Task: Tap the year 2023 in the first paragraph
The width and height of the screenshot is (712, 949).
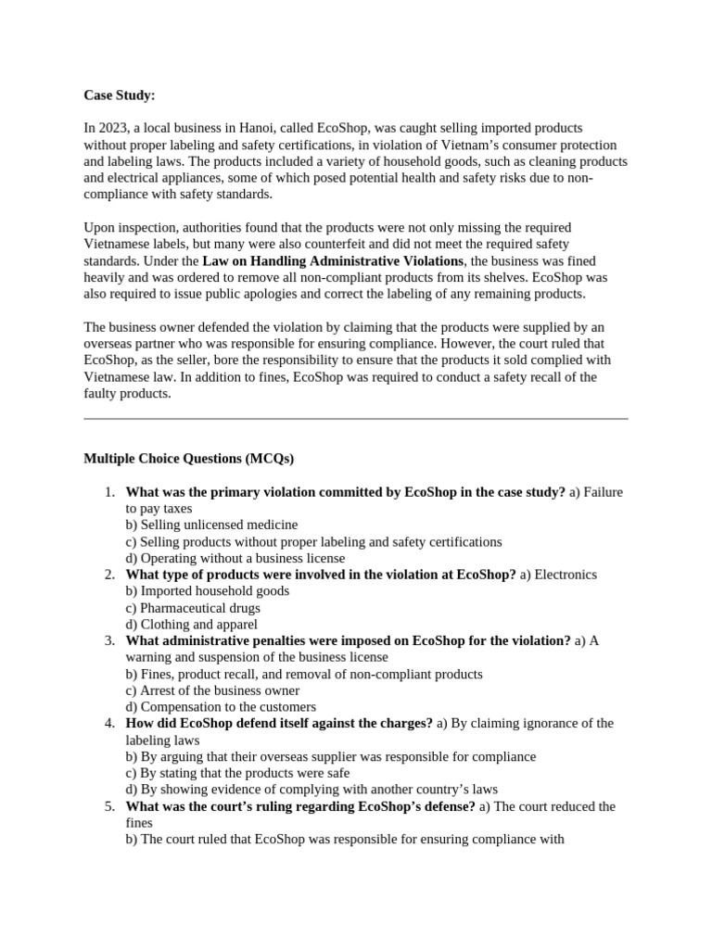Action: click(113, 128)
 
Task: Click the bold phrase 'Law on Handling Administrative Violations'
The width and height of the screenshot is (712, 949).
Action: click(332, 261)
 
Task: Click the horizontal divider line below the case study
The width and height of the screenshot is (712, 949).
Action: click(356, 418)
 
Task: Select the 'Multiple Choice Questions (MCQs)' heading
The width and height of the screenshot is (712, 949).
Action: click(189, 459)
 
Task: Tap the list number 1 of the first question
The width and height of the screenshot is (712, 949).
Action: click(108, 492)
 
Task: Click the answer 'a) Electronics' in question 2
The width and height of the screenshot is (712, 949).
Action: click(558, 575)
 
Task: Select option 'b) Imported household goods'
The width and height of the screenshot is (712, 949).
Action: click(207, 591)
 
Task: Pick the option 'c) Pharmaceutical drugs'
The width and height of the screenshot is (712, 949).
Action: click(193, 608)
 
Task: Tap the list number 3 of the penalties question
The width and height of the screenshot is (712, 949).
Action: click(108, 640)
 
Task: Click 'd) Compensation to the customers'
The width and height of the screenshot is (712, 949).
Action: click(221, 707)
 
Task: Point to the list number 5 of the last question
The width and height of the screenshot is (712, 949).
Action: click(108, 806)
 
